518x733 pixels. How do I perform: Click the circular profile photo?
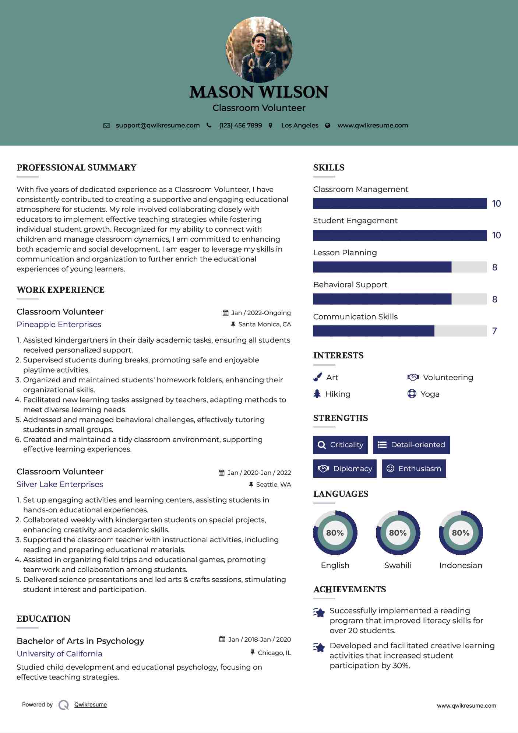pos(259,49)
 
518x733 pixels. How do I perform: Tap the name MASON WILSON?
pos(259,92)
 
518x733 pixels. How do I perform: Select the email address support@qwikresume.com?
pos(158,125)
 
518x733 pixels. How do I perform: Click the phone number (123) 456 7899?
pos(240,125)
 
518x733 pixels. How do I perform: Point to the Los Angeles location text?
pos(300,125)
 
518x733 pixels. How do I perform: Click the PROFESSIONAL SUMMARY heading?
pos(77,168)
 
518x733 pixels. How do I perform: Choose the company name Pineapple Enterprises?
pos(59,325)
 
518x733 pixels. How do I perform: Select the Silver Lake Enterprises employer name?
pos(60,484)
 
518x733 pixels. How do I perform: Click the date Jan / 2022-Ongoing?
pos(261,313)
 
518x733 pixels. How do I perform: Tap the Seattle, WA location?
pos(274,484)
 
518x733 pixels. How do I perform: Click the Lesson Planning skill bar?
pos(400,267)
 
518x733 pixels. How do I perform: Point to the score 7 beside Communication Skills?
pos(494,331)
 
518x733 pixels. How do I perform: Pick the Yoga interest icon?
pos(412,394)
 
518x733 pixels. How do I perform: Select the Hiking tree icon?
pos(317,394)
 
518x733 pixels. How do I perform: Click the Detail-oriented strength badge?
pos(411,445)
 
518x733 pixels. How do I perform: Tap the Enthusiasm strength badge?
pos(414,469)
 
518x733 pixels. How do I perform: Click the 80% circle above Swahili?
pos(398,533)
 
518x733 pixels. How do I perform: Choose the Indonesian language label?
pos(461,565)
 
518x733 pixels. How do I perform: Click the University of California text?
pos(59,654)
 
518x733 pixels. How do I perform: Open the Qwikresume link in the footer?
pos(91,705)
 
